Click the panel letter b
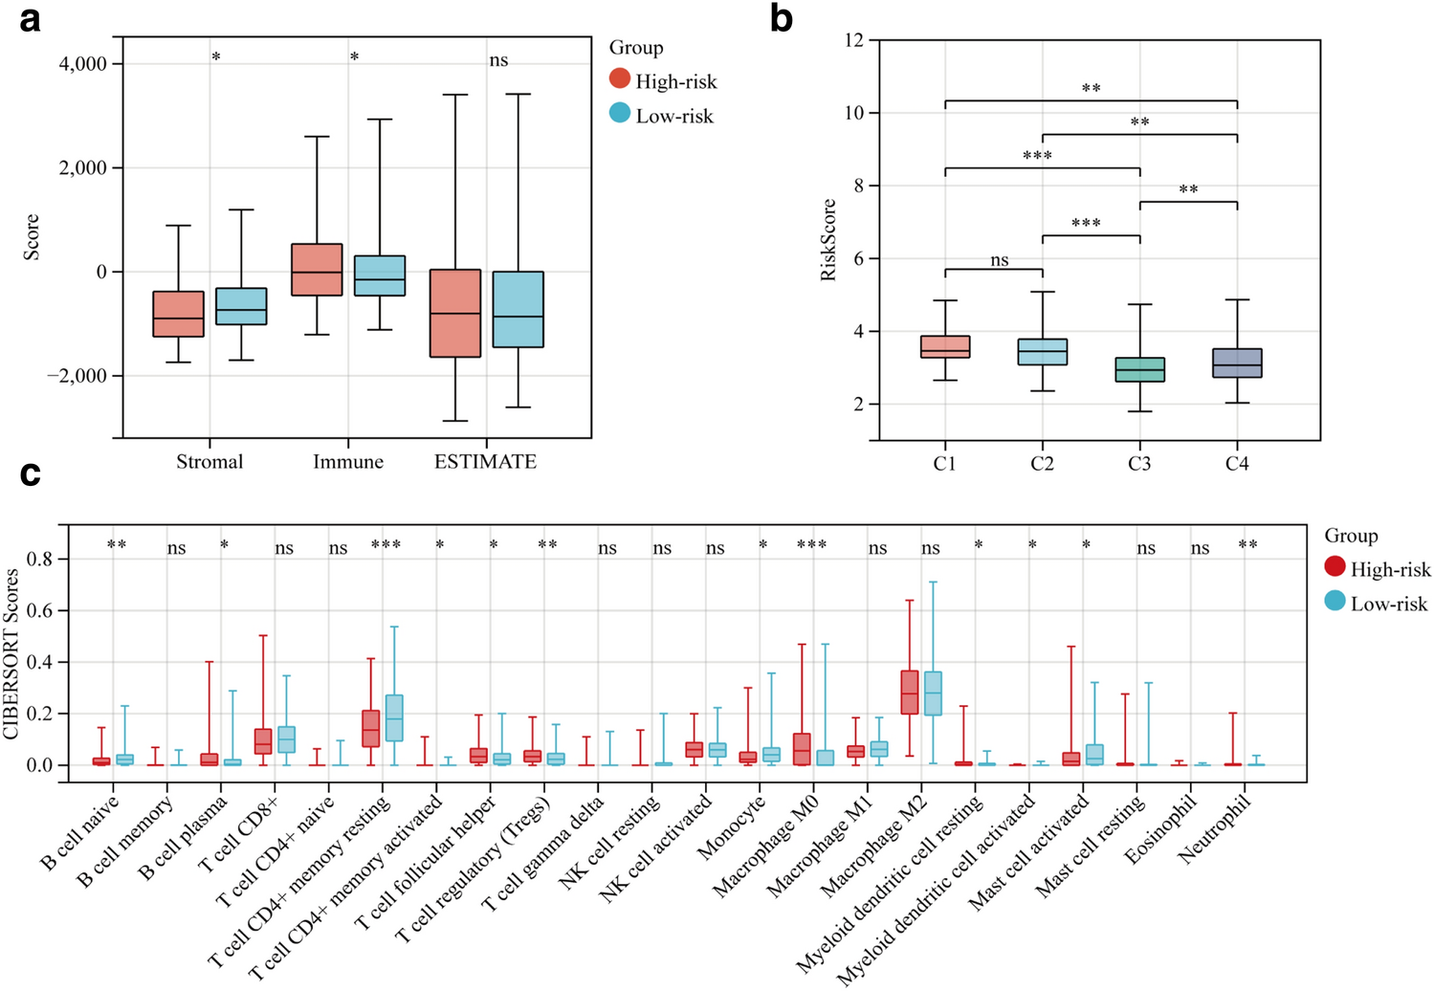pyautogui.click(x=781, y=18)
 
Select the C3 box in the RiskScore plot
pyautogui.click(x=1139, y=369)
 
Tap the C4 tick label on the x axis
pyautogui.click(x=1237, y=464)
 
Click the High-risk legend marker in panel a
pyautogui.click(x=620, y=79)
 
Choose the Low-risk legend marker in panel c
pyautogui.click(x=1335, y=602)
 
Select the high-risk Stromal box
pyautogui.click(x=178, y=314)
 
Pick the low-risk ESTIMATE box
pyautogui.click(x=518, y=309)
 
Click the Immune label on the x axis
pyautogui.click(x=348, y=462)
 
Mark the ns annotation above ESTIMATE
pyautogui.click(x=498, y=60)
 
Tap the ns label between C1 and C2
pyautogui.click(x=999, y=260)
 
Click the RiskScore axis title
pyautogui.click(x=828, y=239)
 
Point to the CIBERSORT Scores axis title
pyautogui.click(x=11, y=653)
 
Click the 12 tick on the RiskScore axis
pyautogui.click(x=854, y=40)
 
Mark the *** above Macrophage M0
pyautogui.click(x=811, y=545)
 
